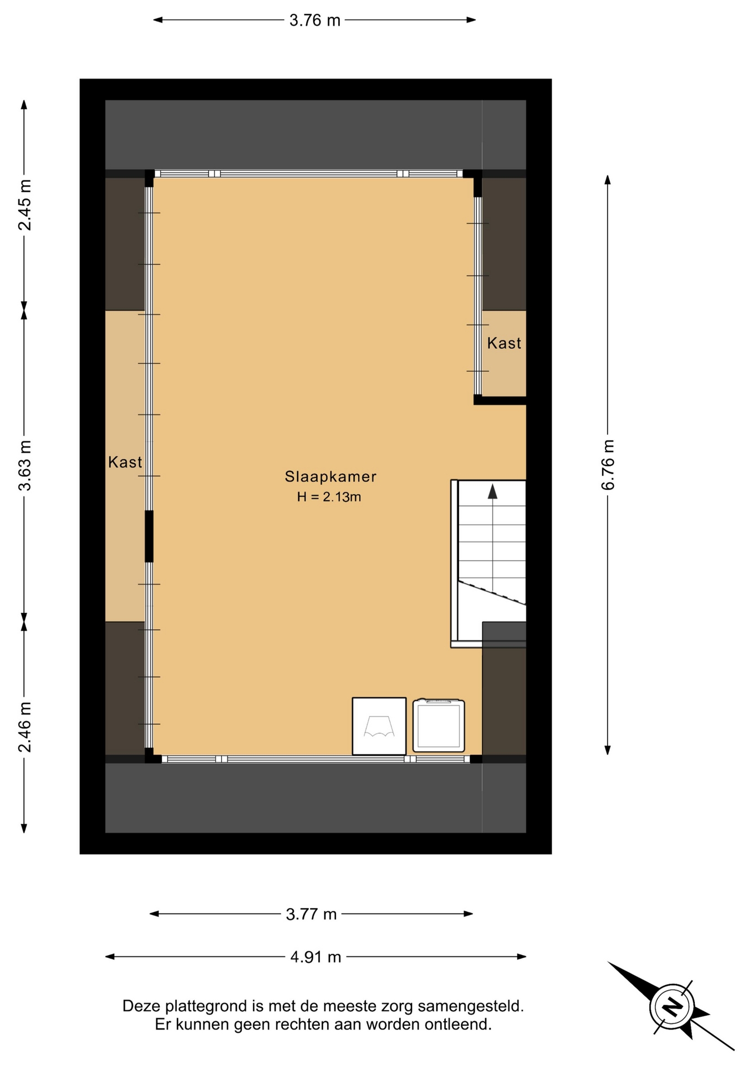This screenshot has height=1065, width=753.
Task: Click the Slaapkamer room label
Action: [330, 476]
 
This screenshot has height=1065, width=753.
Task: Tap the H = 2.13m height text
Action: [329, 497]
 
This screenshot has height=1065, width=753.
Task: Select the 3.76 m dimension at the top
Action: [314, 21]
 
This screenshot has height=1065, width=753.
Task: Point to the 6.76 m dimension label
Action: [608, 465]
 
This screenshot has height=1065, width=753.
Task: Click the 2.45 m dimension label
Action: [25, 205]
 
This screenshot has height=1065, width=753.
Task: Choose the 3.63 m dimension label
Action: [25, 466]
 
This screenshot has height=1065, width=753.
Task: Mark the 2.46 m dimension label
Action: [25, 727]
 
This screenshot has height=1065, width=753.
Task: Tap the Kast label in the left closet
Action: [125, 462]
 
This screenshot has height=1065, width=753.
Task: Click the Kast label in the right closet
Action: [504, 343]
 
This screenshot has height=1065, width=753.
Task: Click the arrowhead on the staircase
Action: [492, 491]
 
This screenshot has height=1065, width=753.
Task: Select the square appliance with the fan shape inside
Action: [379, 726]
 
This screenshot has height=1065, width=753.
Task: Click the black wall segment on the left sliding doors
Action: [149, 536]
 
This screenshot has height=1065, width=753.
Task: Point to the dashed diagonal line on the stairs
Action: [492, 592]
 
